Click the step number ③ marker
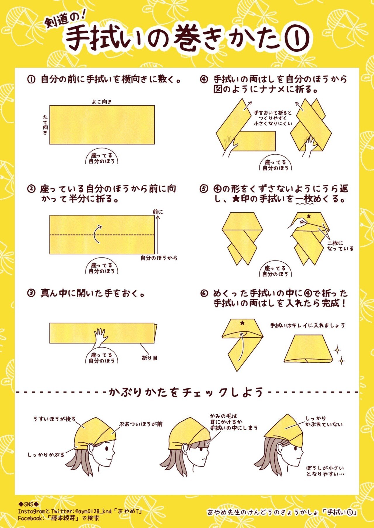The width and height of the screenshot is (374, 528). click(31, 293)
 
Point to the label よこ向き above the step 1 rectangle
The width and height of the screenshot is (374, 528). click(102, 102)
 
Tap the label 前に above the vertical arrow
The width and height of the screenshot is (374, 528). click(158, 212)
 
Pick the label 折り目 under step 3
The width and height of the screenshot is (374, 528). click(150, 358)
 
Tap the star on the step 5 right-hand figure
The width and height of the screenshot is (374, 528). click(309, 216)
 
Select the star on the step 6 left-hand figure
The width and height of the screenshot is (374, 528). click(242, 323)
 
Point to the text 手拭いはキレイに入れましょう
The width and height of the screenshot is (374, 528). click(307, 325)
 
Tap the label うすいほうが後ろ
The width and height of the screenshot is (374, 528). click(54, 419)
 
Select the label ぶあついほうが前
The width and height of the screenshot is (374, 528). click(141, 424)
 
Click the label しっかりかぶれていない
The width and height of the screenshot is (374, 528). click(324, 422)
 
